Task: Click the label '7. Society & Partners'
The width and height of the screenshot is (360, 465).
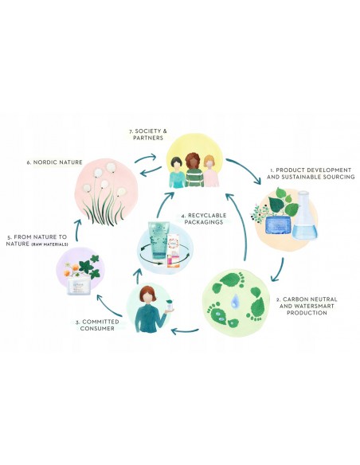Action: coord(148,135)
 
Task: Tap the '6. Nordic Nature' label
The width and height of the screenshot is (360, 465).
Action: coord(54,162)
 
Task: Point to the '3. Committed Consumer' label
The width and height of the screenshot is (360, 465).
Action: coord(97,325)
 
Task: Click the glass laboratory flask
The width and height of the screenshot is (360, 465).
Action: coord(305,215)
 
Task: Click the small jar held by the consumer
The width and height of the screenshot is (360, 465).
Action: coord(170,306)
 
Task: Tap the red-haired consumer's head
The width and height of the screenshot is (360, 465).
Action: coord(147,295)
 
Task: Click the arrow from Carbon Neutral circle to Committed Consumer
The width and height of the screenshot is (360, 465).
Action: coord(186,330)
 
